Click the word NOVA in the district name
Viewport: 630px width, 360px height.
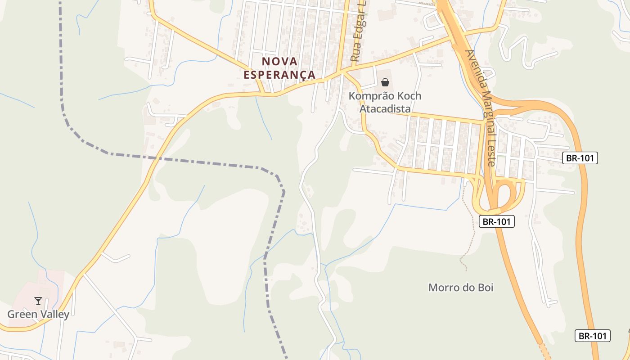(280, 61)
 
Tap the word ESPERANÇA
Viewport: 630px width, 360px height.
(279, 75)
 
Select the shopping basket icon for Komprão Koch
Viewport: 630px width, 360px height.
(385, 82)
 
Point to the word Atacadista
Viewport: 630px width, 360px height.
(385, 108)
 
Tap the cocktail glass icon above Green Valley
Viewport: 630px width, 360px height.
(38, 301)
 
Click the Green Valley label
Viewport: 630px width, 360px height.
(38, 314)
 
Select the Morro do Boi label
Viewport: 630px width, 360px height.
(461, 287)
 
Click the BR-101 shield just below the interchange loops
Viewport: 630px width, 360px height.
(496, 221)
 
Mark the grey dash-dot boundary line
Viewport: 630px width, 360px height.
(189, 160)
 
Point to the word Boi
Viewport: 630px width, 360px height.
(485, 287)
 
